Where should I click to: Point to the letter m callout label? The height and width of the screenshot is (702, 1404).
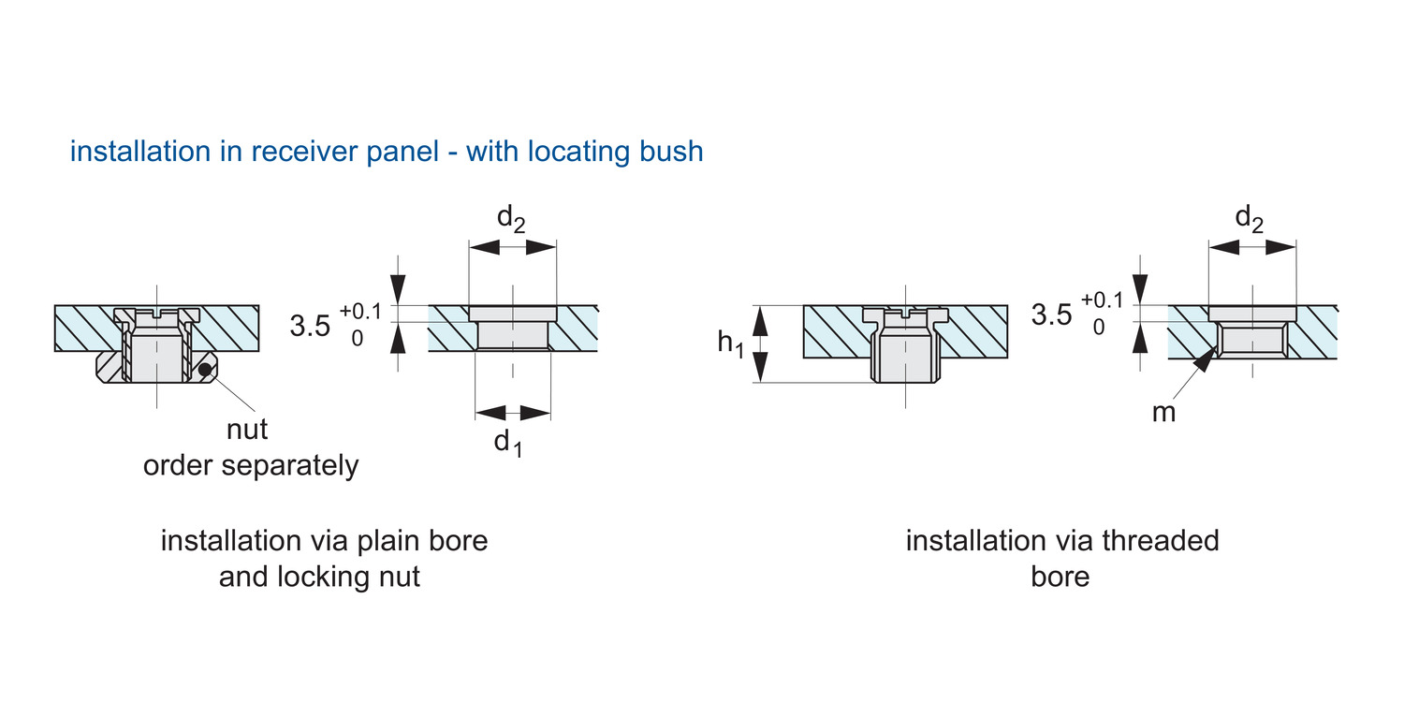[1163, 412]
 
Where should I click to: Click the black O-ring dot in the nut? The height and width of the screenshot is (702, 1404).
[204, 369]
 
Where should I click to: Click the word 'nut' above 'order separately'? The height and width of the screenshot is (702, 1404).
[247, 430]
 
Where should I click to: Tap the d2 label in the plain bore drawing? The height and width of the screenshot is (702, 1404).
[511, 219]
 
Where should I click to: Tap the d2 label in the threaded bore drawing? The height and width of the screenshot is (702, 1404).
[1250, 219]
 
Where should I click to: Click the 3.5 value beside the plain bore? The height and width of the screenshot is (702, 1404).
[310, 327]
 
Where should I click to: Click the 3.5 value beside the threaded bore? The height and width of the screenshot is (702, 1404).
[1051, 315]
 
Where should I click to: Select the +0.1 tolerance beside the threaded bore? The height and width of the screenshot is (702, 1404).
[1102, 300]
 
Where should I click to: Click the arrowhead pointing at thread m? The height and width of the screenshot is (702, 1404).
[1208, 359]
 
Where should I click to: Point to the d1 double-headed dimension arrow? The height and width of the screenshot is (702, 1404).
[512, 412]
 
